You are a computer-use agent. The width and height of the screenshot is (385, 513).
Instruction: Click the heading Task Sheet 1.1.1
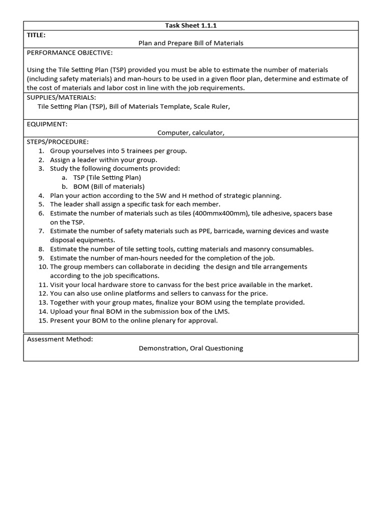pos(190,26)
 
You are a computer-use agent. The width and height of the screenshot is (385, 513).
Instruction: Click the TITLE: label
pos(37,35)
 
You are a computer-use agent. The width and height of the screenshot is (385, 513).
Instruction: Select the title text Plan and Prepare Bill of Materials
pos(190,43)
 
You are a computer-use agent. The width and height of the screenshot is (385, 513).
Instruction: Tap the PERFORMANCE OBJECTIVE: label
pos(70,53)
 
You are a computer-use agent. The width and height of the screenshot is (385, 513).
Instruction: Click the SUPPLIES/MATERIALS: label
pos(61,97)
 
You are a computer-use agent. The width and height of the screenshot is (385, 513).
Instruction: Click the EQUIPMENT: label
pos(47,124)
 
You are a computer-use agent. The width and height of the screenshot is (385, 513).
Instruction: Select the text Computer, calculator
pos(190,133)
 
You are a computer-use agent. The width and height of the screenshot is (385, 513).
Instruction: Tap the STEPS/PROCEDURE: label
pos(58,142)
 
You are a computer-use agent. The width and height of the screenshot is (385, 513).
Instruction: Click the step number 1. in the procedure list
pos(42,151)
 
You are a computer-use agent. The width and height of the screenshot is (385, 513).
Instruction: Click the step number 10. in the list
pos(43,267)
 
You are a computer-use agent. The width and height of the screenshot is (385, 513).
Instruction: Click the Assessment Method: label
pos(60,339)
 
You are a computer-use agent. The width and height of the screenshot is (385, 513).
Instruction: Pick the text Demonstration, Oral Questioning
pos(190,348)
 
